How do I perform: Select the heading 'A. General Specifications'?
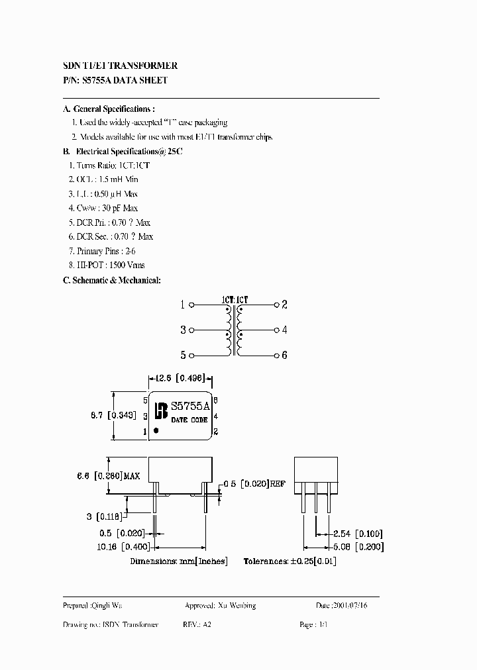click(109, 109)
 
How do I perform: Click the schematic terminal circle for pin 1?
click(191, 305)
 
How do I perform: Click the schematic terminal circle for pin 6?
click(276, 355)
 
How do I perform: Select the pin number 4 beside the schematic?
click(284, 330)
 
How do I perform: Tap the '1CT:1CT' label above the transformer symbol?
click(235, 299)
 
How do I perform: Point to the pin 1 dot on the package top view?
click(156, 430)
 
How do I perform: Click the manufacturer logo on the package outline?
click(160, 410)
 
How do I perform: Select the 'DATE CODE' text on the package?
click(189, 420)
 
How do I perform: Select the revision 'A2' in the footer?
click(207, 625)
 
